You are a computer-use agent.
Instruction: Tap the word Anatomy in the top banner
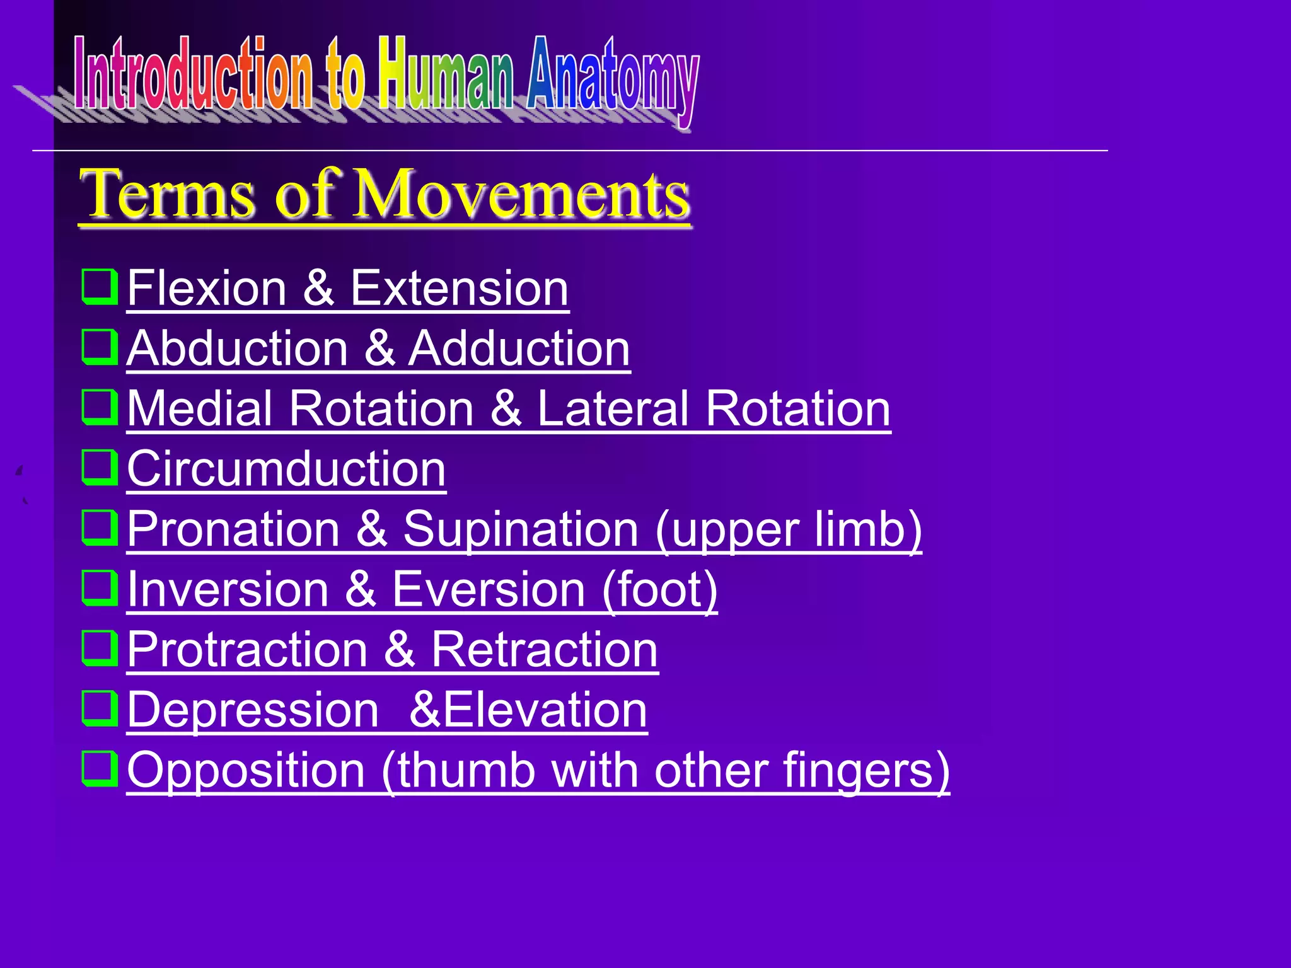point(613,79)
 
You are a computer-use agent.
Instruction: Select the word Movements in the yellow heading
point(522,195)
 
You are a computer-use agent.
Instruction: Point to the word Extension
point(459,289)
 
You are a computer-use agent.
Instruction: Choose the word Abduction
point(237,349)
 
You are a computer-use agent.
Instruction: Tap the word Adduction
point(519,349)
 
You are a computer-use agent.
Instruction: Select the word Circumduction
point(286,470)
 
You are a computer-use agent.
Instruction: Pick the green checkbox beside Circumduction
point(100,467)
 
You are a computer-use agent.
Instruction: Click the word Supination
point(521,529)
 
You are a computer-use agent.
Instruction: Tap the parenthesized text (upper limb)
point(788,529)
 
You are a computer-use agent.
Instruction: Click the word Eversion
point(489,590)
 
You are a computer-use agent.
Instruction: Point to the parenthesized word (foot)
point(659,590)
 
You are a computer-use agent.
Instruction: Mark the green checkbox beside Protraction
point(100,648)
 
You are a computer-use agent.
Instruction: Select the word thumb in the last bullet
point(465,771)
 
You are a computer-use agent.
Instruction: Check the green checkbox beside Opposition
point(100,768)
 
